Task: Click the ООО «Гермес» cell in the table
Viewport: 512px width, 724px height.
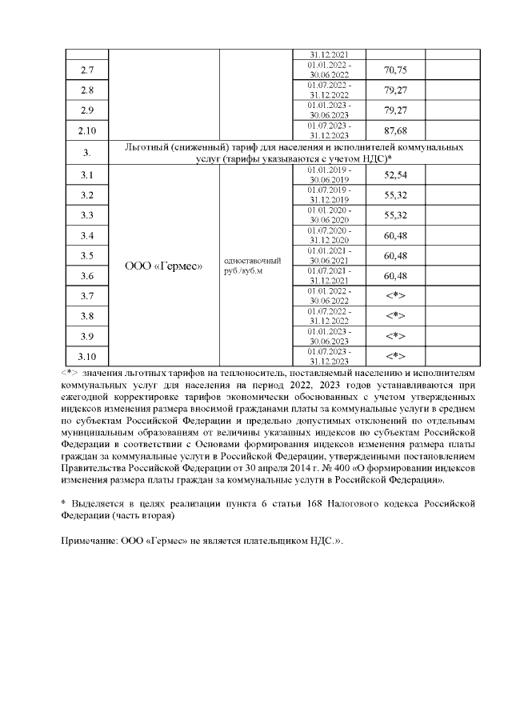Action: click(x=163, y=265)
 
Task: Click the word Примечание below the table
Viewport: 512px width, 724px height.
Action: click(x=88, y=542)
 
